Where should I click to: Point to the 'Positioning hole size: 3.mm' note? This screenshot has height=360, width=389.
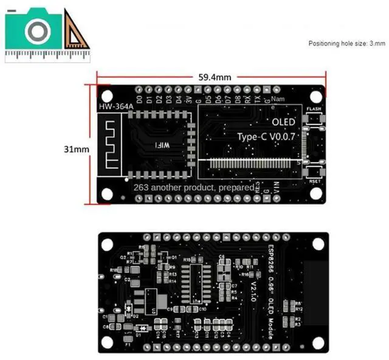(346, 43)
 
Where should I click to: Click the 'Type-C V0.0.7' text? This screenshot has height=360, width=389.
(266, 136)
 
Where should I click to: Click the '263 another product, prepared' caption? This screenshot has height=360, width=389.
(193, 187)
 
